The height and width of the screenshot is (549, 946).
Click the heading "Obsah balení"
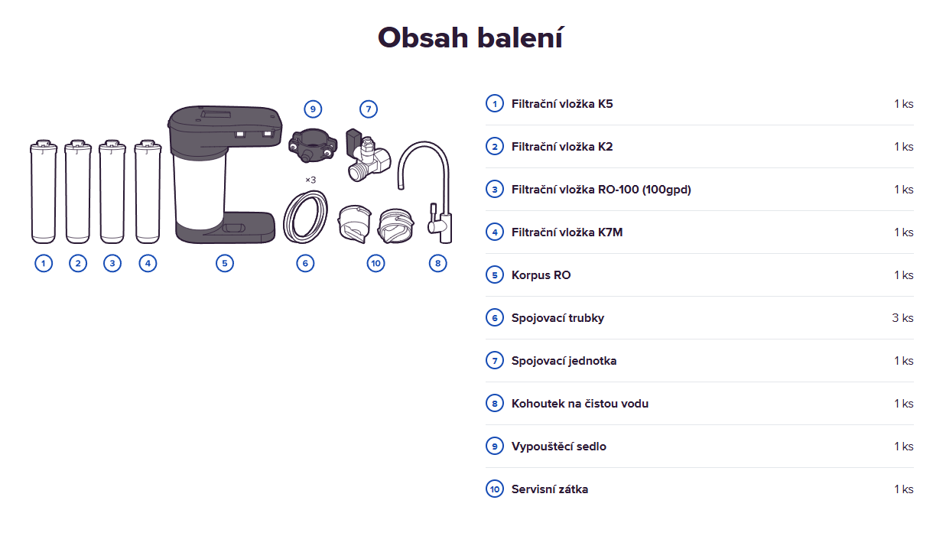470,37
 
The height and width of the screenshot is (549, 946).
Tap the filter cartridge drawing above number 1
44,192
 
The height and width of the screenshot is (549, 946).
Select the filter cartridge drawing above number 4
148,192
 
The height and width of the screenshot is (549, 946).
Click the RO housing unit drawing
225,174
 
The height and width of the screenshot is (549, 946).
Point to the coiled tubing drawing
305,217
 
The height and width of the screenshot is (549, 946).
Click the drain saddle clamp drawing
313,145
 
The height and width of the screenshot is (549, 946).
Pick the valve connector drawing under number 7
368,155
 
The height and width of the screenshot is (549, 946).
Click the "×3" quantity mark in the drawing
310,180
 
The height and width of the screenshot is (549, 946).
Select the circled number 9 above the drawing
313,109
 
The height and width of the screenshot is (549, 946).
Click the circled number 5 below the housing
225,264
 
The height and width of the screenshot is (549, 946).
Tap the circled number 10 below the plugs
375,264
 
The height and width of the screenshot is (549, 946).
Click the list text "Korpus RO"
541,275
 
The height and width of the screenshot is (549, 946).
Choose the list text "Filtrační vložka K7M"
567,232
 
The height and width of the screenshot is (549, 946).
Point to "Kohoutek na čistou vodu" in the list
580,403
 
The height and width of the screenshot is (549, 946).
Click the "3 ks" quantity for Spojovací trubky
902,317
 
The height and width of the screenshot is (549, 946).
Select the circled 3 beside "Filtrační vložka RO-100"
495,189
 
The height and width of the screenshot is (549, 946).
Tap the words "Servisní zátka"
549,489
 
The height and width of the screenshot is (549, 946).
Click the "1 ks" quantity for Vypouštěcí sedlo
904,446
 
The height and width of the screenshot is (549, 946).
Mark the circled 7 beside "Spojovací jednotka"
495,361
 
